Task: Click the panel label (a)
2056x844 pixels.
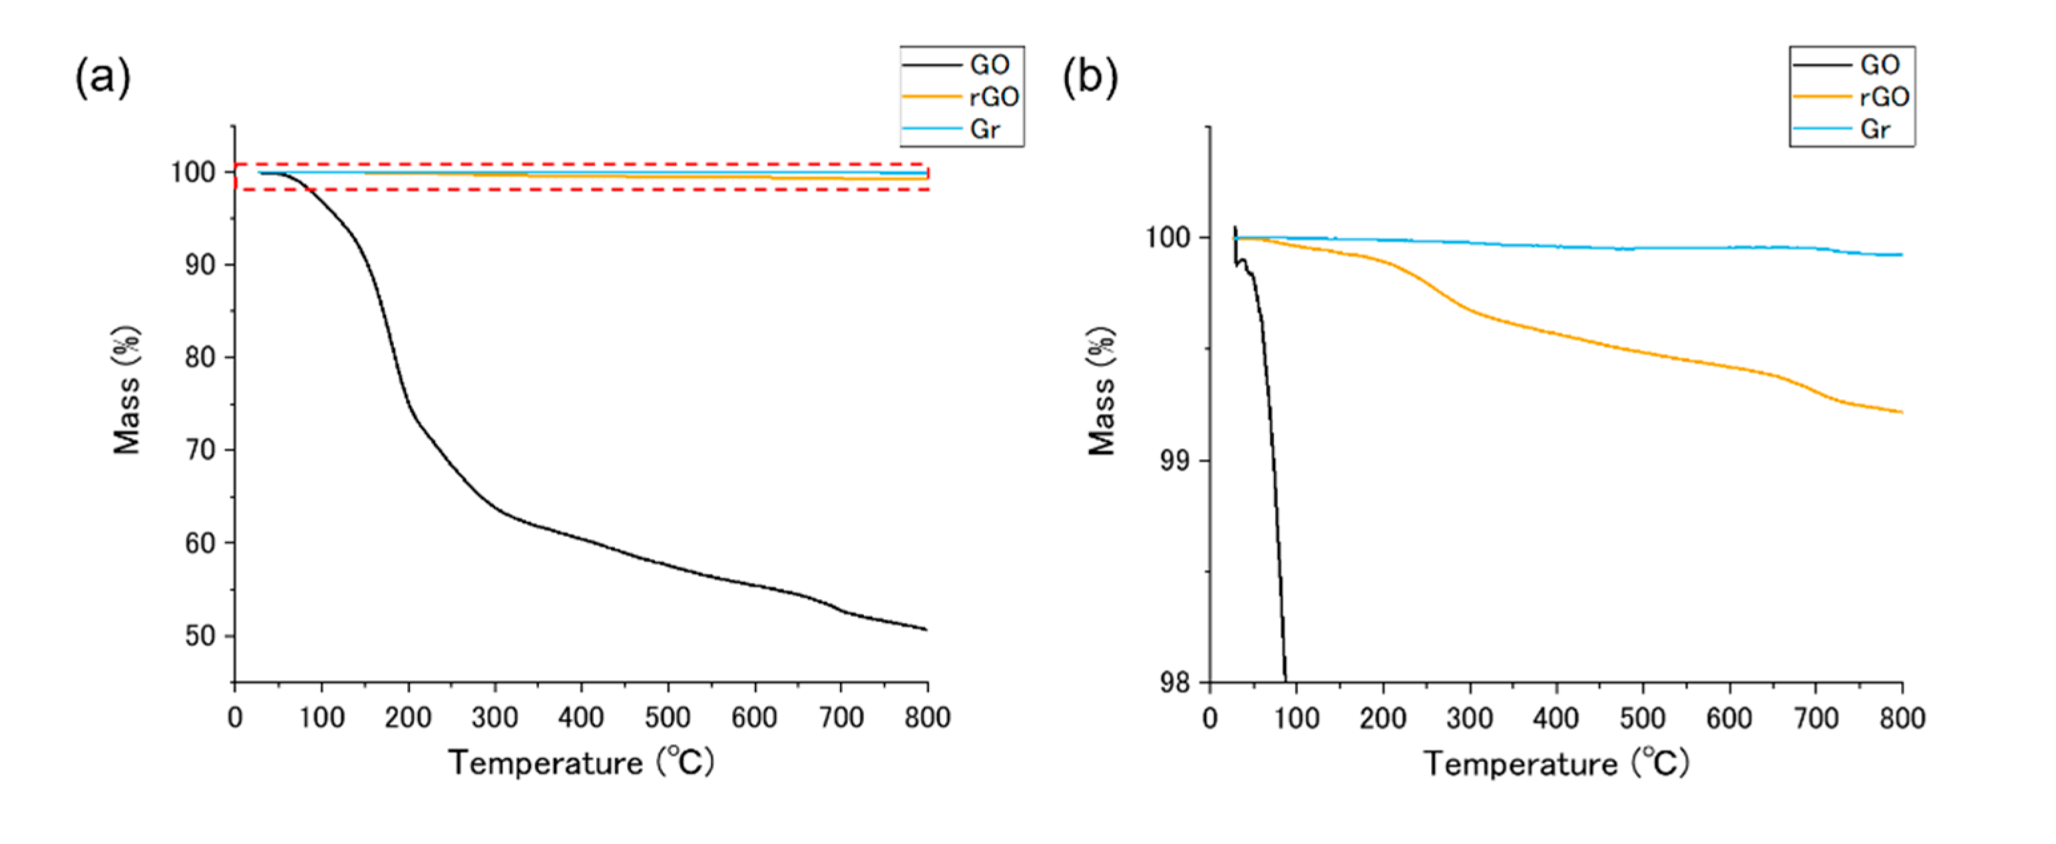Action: pyautogui.click(x=102, y=78)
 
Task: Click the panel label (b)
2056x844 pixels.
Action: pyautogui.click(x=1090, y=78)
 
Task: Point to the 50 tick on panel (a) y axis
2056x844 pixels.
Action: pyautogui.click(x=200, y=636)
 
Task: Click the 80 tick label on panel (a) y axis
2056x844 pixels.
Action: pyautogui.click(x=200, y=358)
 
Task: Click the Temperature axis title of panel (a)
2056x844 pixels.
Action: pyautogui.click(x=580, y=763)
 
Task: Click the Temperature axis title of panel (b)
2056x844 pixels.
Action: pyautogui.click(x=1555, y=763)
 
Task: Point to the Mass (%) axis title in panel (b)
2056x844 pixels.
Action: pyautogui.click(x=1102, y=391)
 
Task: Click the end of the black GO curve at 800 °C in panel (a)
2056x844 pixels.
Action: pyautogui.click(x=926, y=630)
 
